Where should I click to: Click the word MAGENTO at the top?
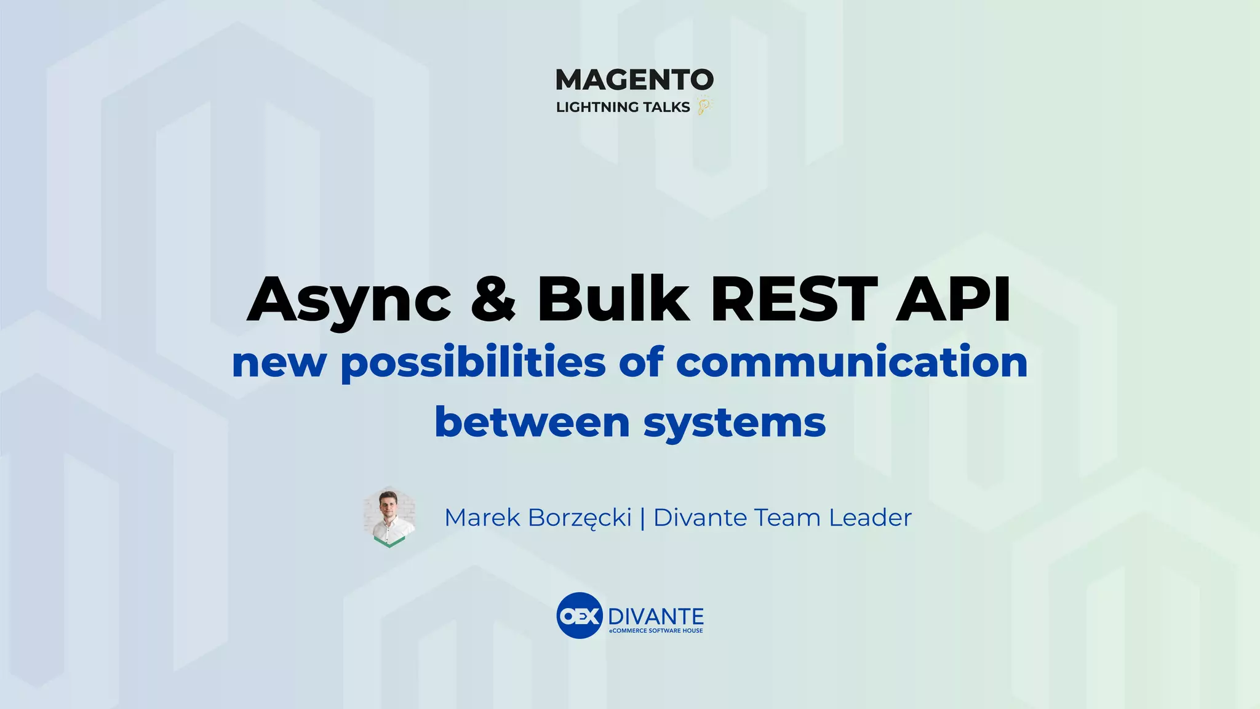634,80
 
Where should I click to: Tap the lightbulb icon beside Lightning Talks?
703,106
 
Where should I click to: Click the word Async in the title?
349,300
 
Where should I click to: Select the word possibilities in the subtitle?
473,363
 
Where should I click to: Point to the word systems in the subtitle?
735,423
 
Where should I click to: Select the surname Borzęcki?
580,518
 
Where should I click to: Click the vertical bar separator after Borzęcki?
642,518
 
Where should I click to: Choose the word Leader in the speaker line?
870,518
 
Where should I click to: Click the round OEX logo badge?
579,615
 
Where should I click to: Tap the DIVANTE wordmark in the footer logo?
656,616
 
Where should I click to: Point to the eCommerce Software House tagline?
656,631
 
